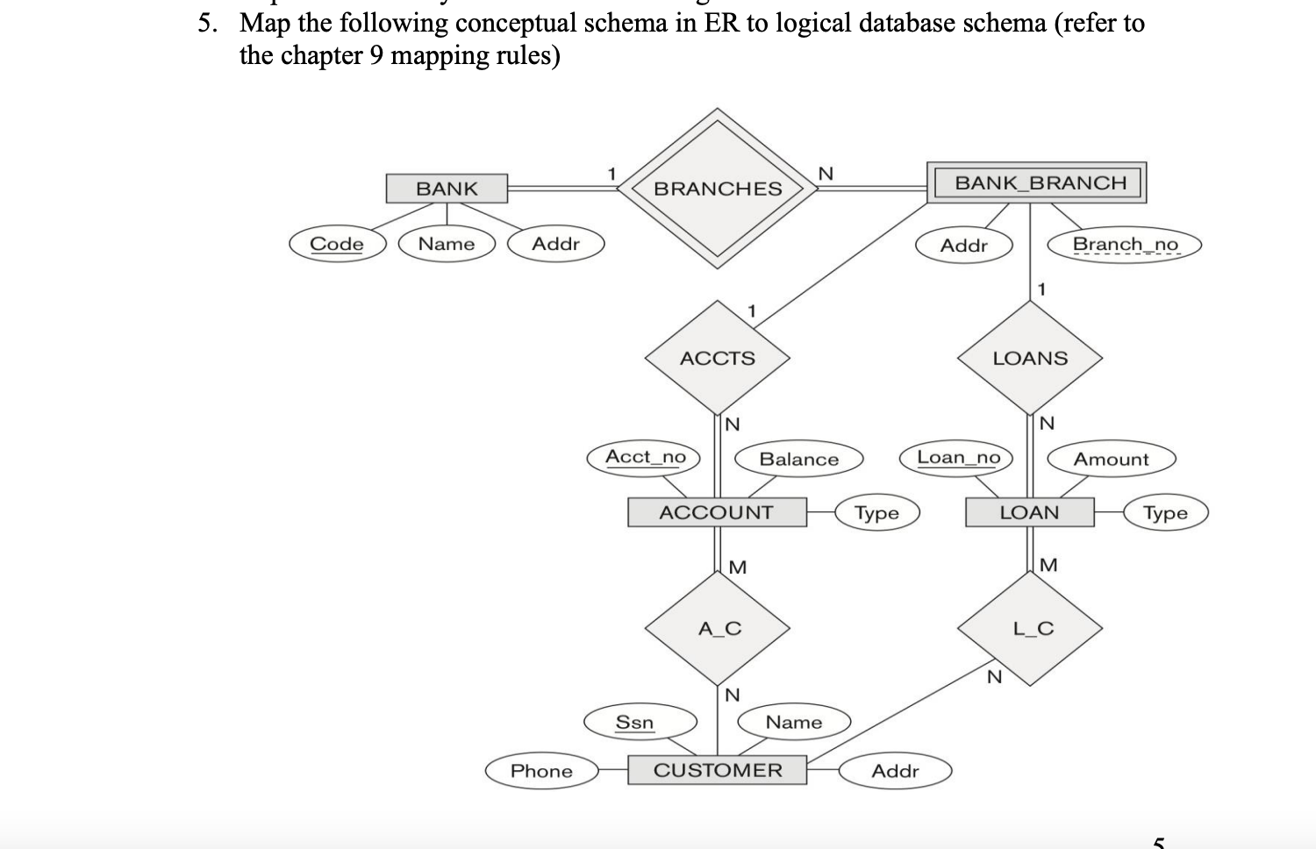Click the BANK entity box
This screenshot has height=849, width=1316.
click(x=447, y=189)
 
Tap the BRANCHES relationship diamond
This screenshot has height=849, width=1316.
click(x=718, y=188)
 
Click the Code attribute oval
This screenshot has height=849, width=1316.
click(x=337, y=244)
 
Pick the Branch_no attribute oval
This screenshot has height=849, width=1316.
click(x=1125, y=244)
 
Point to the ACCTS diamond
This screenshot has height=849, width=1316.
click(x=717, y=358)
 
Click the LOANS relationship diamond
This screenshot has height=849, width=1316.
click(x=1030, y=358)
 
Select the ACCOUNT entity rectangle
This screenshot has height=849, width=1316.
click(x=717, y=512)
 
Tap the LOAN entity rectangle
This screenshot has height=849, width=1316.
click(x=1029, y=512)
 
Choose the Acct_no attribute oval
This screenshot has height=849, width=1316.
click(x=645, y=457)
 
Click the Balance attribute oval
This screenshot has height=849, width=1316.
click(x=798, y=459)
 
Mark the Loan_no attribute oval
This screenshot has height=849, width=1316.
click(x=958, y=457)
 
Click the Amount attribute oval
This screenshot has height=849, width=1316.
click(x=1111, y=459)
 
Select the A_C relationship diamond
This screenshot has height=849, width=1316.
click(x=719, y=628)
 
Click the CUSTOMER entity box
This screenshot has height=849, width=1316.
click(x=717, y=770)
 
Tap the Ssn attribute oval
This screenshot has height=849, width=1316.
click(x=634, y=722)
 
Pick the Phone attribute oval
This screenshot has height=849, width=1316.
click(x=541, y=771)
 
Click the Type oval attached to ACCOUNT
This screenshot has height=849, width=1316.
click(x=876, y=512)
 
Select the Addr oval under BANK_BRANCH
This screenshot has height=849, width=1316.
click(x=963, y=246)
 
